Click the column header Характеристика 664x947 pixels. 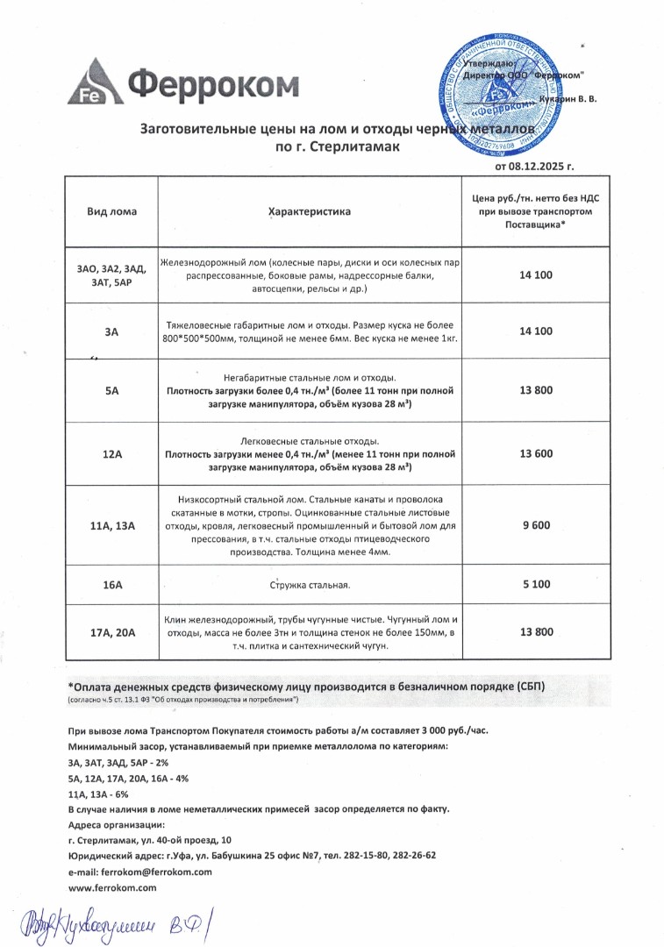click(309, 212)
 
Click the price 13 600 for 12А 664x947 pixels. click(536, 454)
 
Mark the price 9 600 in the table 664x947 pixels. click(536, 525)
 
